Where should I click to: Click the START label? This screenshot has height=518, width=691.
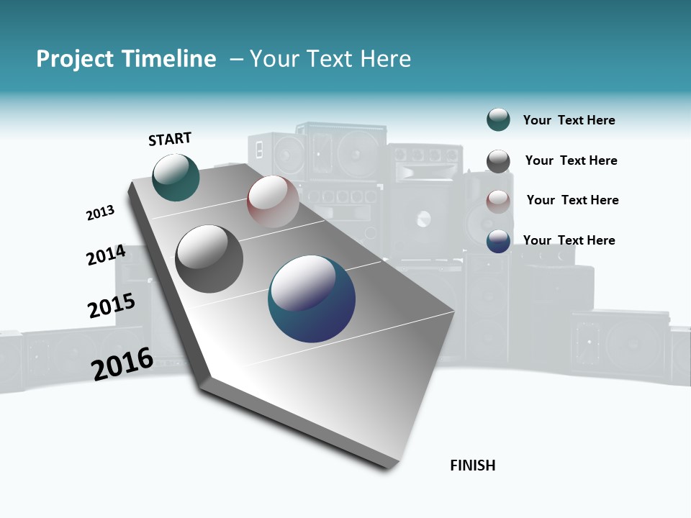(170, 139)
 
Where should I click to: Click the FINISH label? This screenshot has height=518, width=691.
(472, 465)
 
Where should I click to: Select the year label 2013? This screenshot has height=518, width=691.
(100, 213)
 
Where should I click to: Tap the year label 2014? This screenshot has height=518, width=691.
(106, 255)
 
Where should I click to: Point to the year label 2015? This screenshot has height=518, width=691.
(112, 306)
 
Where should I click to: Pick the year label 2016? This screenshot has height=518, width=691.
(122, 363)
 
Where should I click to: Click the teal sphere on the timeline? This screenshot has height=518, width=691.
(176, 177)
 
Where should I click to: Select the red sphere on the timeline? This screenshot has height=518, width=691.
(273, 201)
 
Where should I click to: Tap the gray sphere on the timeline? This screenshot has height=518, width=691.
(209, 258)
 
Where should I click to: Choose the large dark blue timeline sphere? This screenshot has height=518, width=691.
(312, 299)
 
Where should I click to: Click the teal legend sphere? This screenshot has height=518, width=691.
(498, 119)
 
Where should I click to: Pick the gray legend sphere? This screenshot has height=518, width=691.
(498, 161)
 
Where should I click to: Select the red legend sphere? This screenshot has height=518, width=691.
(498, 201)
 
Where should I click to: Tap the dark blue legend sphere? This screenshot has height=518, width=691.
(498, 241)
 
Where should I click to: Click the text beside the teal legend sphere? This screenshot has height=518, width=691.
(569, 120)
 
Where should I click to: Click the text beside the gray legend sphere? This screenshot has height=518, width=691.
(571, 160)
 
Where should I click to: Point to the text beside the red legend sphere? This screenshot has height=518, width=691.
(572, 200)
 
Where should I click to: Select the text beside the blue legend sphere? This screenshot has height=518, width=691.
(569, 240)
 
